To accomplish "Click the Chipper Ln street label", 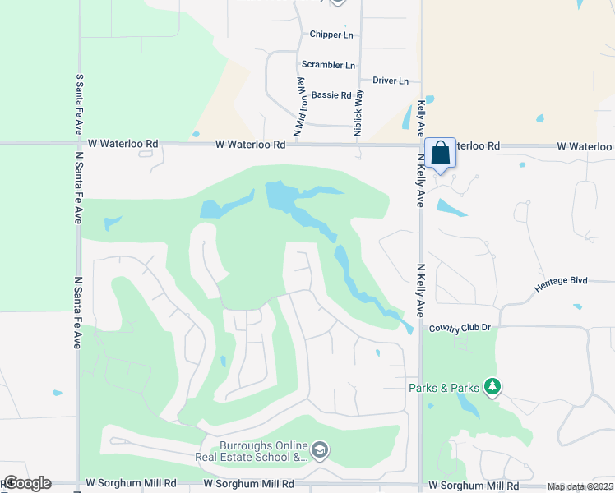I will pos(331,35).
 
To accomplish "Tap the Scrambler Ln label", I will pos(328,65).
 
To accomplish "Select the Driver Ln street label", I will pos(391,81).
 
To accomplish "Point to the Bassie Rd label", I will pos(331,95).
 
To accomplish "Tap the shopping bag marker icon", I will pos(441,153).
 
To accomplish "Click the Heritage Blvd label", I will pos(561,281).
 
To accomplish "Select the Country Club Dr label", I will pos(460,328).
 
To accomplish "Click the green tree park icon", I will pos(492,386).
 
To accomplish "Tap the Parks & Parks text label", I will pos(444,387).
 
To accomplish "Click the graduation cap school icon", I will pos(320,449).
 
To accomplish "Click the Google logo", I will pos(26,483).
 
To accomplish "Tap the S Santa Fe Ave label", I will pos(80,104).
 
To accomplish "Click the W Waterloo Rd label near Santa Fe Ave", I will pos(128,144).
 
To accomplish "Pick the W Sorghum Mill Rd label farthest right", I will pos(466,486).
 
